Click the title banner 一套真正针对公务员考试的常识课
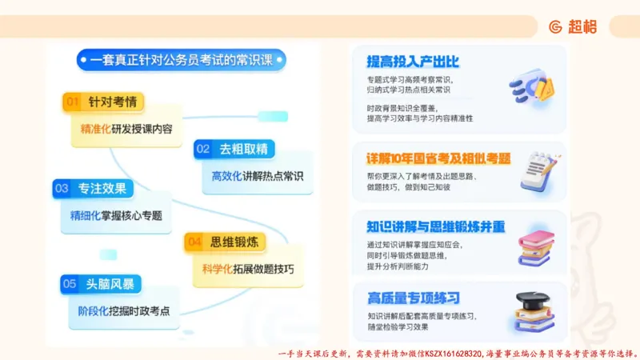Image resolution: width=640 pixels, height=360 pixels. tap(182, 59)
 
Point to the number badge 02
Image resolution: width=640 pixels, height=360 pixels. tap(203, 149)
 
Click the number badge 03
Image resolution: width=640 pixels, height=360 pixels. tap(62, 189)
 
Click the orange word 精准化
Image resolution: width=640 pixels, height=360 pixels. tap(95, 128)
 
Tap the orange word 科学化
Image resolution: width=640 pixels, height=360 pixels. tap(216, 268)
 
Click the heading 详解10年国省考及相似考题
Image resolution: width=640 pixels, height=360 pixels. tap(438, 158)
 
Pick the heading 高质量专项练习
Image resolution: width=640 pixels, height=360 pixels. tap(413, 298)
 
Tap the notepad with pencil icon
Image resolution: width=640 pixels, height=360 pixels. tap(538, 170)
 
